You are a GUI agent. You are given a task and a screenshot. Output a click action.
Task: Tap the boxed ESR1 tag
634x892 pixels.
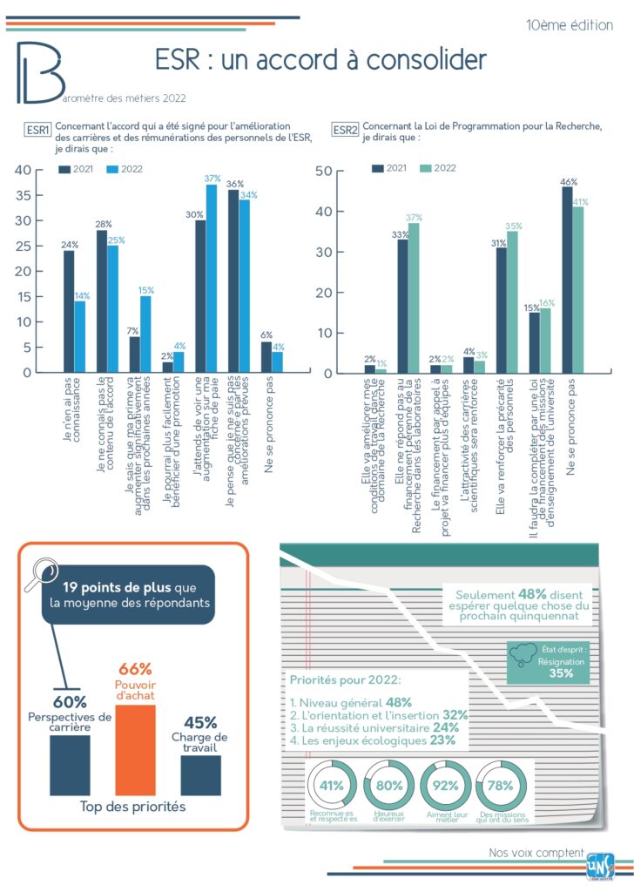coord(37,131)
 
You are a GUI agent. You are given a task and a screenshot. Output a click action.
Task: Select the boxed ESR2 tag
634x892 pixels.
coord(345,131)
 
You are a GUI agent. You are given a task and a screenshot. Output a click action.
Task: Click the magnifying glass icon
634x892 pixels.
coord(38,576)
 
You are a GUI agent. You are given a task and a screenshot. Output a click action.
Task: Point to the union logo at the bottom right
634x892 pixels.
coord(600,866)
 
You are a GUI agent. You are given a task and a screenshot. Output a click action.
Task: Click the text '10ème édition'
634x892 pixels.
coord(570,24)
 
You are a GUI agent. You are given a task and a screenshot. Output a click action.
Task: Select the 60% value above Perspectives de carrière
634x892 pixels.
coord(69,702)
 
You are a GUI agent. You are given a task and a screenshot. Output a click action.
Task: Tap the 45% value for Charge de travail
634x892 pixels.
coord(200,722)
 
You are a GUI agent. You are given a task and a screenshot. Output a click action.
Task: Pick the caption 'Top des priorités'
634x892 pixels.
coord(132,807)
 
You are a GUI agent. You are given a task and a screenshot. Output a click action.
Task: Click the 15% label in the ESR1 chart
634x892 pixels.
coord(146,290)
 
